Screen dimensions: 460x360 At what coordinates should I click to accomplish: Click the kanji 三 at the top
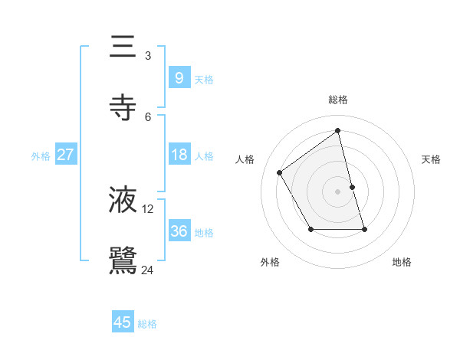click(x=123, y=47)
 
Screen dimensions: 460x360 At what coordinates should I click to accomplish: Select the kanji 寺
click(x=123, y=108)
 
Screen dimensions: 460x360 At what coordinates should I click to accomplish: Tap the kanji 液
click(x=123, y=200)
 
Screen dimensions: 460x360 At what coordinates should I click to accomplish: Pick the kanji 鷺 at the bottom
click(x=123, y=261)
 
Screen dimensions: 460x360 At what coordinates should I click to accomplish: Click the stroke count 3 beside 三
click(x=148, y=55)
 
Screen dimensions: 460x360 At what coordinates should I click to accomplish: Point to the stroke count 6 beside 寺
click(x=148, y=116)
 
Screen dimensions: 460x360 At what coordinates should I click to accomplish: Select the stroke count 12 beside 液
click(x=148, y=208)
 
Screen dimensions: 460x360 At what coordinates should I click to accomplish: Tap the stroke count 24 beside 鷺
click(x=148, y=270)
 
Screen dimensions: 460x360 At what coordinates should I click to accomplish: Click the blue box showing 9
click(x=179, y=77)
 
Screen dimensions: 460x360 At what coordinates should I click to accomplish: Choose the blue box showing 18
click(x=179, y=155)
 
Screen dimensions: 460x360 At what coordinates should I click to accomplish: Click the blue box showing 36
click(x=179, y=231)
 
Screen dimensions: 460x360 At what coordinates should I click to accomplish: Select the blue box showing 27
click(x=66, y=155)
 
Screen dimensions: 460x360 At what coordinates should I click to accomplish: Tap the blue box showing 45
click(x=123, y=322)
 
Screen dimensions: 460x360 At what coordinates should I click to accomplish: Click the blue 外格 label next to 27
click(x=41, y=156)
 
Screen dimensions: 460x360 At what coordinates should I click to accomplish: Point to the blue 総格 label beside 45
click(x=147, y=324)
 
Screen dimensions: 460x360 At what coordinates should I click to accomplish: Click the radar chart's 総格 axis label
click(x=337, y=100)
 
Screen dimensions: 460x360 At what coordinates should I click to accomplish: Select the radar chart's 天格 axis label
click(x=431, y=159)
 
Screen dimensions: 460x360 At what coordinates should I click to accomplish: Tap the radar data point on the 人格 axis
click(x=280, y=172)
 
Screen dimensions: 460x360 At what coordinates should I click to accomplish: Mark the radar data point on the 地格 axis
click(x=364, y=229)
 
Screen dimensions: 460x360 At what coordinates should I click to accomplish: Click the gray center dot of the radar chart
click(x=337, y=191)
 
